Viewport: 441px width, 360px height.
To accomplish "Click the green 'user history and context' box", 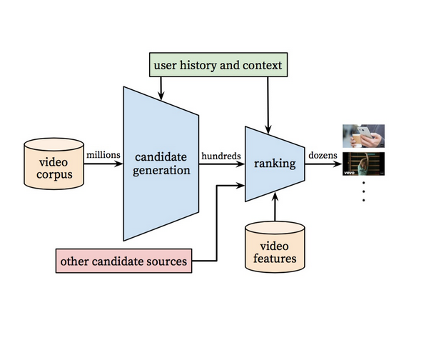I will click(218, 66).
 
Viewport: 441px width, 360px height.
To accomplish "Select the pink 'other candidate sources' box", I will click(124, 261).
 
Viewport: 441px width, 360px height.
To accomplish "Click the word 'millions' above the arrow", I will click(103, 154).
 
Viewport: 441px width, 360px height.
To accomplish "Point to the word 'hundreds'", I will click(221, 155).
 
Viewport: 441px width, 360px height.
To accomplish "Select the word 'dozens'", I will click(323, 155).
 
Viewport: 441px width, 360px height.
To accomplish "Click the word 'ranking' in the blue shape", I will click(275, 164).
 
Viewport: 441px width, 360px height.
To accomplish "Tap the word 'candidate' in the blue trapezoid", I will click(160, 156).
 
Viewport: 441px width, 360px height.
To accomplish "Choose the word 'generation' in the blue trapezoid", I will click(161, 171).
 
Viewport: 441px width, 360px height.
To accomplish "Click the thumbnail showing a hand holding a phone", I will click(363, 136).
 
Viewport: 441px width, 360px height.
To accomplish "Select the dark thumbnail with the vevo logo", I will click(363, 164).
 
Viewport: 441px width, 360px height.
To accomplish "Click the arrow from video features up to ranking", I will click(274, 210).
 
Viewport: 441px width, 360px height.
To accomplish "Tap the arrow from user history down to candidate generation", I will click(162, 87).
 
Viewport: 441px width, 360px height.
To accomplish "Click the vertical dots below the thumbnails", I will click(363, 191).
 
